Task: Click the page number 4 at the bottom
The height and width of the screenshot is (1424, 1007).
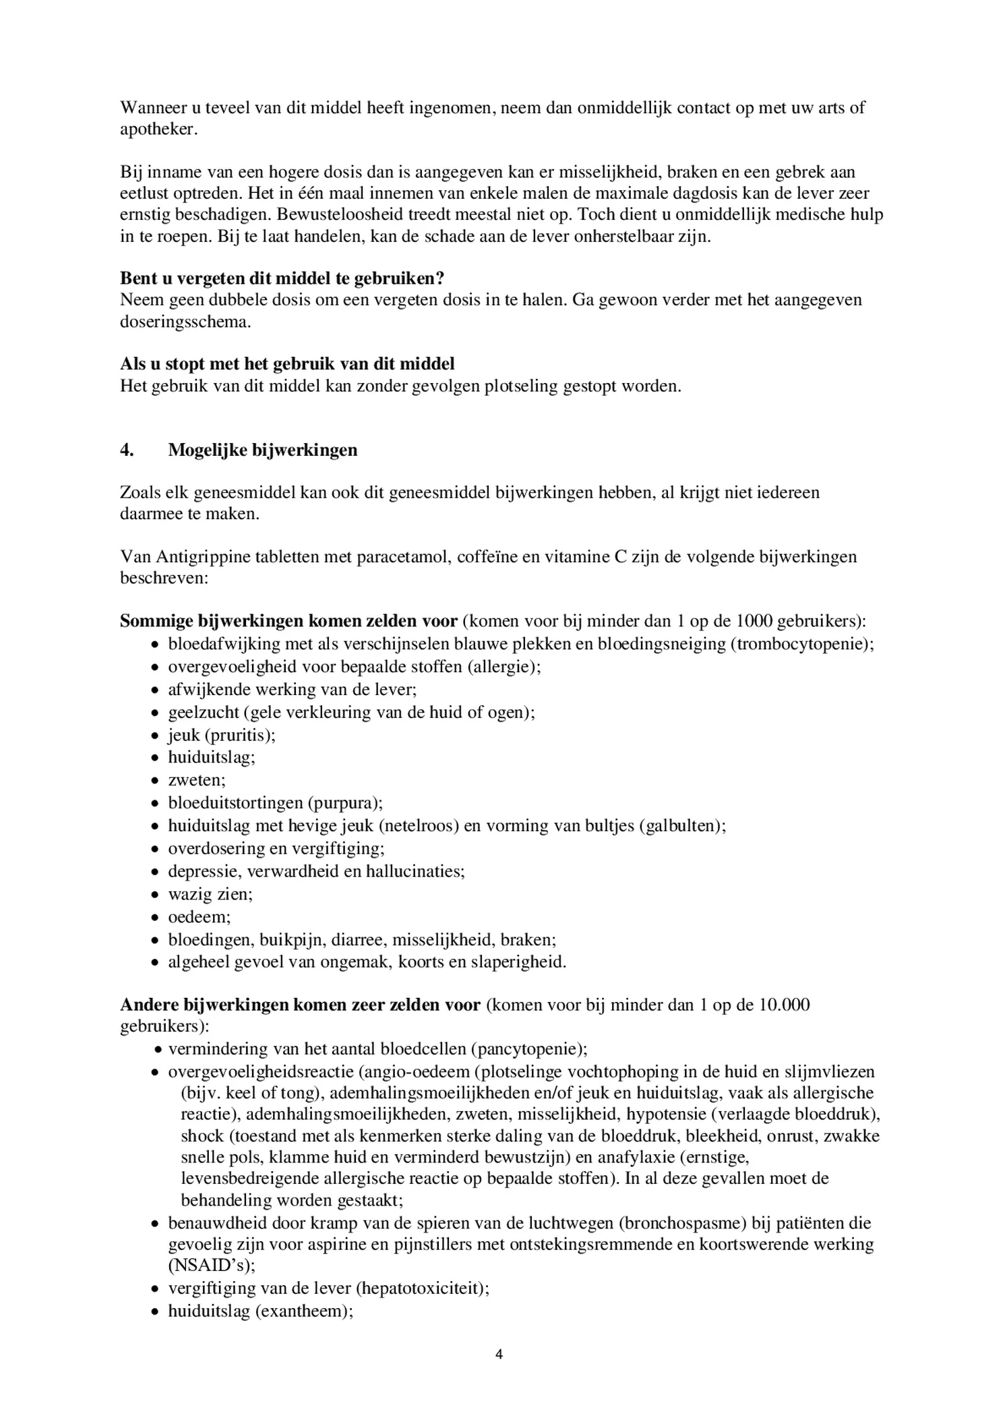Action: pos(499,1354)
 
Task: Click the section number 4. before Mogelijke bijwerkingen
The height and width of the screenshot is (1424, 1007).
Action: pos(127,450)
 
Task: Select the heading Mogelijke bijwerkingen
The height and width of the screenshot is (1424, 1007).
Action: pos(263,450)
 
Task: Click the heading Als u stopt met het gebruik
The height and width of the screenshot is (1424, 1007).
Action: pos(287,364)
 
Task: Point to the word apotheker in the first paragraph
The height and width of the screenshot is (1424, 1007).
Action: pos(158,129)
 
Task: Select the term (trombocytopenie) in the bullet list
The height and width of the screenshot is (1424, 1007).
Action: pos(800,644)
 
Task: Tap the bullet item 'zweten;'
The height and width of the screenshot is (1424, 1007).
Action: pos(197,780)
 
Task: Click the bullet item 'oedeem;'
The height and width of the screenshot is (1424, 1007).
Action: pos(199,917)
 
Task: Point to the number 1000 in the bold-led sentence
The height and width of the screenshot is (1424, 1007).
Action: pos(755,621)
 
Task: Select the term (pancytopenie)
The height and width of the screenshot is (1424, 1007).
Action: pos(529,1049)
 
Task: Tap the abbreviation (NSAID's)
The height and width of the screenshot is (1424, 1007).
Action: pos(212,1266)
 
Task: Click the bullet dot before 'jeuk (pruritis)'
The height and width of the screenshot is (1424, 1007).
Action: pos(154,736)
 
